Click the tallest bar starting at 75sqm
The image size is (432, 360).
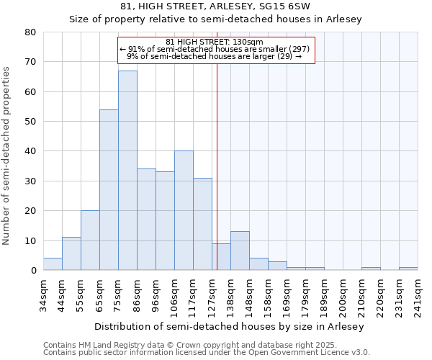tap(127, 171)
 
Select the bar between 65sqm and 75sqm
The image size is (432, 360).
tap(109, 190)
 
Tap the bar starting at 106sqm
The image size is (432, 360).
tap(184, 210)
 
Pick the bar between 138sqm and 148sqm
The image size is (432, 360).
tap(240, 251)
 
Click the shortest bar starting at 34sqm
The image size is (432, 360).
tap(53, 264)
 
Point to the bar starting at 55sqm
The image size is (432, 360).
tap(90, 240)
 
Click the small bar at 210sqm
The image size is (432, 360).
tap(371, 269)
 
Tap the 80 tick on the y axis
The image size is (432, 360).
tap(30, 32)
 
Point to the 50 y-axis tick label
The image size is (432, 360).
tap(30, 122)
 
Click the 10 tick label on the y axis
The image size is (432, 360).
tap(30, 241)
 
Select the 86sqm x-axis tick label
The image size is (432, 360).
tap(138, 292)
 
